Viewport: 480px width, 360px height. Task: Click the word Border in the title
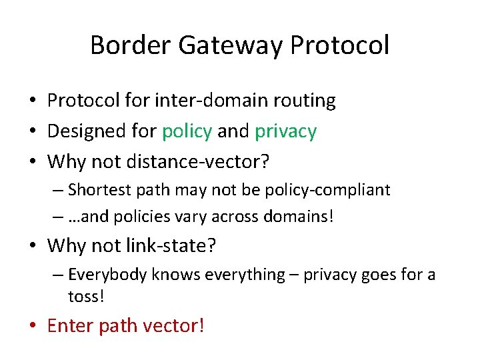pyautogui.click(x=122, y=45)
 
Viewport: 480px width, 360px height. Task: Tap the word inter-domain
pyautogui.click(x=213, y=101)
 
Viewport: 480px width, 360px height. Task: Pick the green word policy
pyautogui.click(x=187, y=131)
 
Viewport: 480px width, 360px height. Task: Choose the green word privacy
pyautogui.click(x=285, y=131)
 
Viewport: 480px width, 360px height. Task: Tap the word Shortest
pyautogui.click(x=97, y=190)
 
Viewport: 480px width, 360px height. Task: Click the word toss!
pyautogui.click(x=87, y=296)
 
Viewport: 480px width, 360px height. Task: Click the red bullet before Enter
pyautogui.click(x=33, y=326)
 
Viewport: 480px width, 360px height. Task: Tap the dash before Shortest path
pyautogui.click(x=57, y=191)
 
